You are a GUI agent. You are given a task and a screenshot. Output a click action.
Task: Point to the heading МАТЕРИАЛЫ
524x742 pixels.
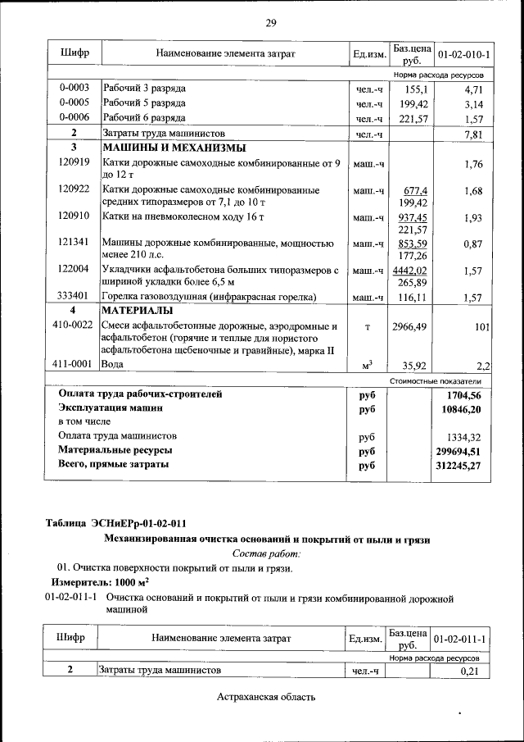coord(137,311)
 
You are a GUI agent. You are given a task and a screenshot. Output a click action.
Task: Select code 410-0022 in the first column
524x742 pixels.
coord(73,326)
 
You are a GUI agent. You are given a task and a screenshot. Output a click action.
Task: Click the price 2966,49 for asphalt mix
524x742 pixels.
coord(409,326)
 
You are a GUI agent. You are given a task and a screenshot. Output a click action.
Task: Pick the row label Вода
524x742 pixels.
coord(113,363)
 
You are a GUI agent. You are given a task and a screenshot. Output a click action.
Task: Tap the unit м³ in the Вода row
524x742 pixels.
coord(368,364)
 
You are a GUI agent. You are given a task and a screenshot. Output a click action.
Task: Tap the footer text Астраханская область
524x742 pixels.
coord(266,697)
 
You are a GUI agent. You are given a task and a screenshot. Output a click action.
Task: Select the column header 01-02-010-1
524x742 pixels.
coord(464,54)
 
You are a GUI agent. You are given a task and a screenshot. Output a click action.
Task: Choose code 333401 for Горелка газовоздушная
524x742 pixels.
coord(74,296)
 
